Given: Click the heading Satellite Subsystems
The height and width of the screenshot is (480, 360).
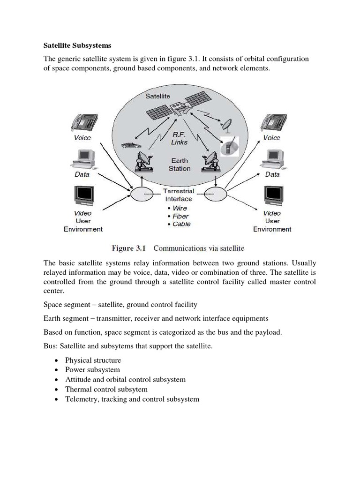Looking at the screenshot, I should (x=77, y=46).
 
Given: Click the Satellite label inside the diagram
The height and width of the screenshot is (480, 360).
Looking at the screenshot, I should (x=157, y=96).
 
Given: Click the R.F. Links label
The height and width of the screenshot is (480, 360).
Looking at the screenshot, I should (x=179, y=138).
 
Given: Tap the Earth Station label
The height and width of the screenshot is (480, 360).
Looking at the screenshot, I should (x=180, y=164).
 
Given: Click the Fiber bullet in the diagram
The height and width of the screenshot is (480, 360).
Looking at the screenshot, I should (x=178, y=216).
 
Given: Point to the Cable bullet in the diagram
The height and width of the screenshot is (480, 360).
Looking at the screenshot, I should (x=178, y=224).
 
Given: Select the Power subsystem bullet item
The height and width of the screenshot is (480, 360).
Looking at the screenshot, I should (x=92, y=370).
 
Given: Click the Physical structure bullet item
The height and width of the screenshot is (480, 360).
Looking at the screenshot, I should (x=93, y=360).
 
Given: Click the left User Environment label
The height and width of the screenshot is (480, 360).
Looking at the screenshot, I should (x=83, y=225).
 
